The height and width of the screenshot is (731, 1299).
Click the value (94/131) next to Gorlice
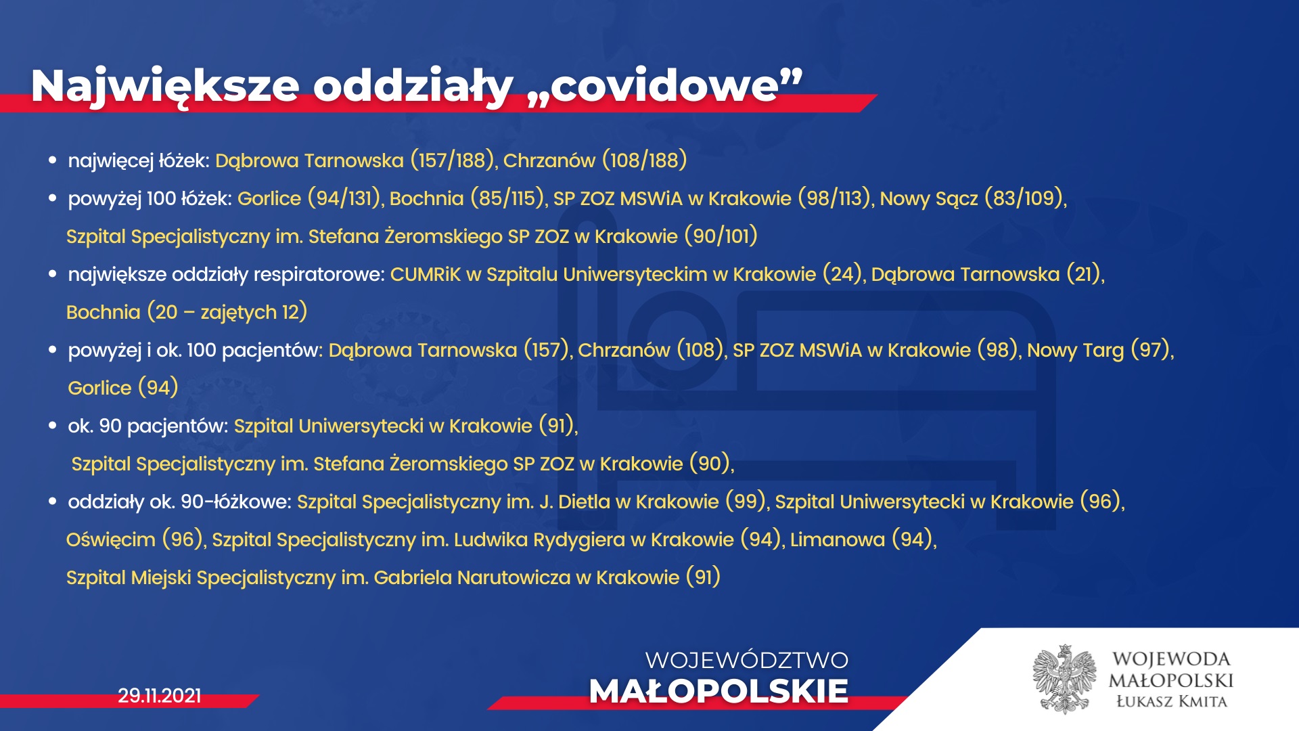click(x=344, y=198)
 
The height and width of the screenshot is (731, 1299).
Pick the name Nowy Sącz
click(x=929, y=199)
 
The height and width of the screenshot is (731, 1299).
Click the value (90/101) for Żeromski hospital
click(x=721, y=236)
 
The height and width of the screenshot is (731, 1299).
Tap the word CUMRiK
click(x=425, y=274)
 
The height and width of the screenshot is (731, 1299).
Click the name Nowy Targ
click(x=1075, y=351)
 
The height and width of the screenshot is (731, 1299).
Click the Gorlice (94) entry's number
click(x=158, y=388)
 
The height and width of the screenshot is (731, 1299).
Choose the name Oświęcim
click(x=111, y=540)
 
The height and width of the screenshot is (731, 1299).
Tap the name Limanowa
click(x=838, y=539)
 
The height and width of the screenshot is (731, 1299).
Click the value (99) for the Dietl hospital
click(x=746, y=502)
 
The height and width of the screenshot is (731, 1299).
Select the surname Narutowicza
click(x=514, y=577)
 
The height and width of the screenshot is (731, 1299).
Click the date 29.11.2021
click(x=160, y=696)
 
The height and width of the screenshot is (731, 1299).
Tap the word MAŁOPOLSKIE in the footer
click(x=719, y=691)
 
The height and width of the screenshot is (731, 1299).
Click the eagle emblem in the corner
click(x=1065, y=679)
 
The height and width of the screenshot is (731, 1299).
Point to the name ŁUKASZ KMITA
click(x=1171, y=701)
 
